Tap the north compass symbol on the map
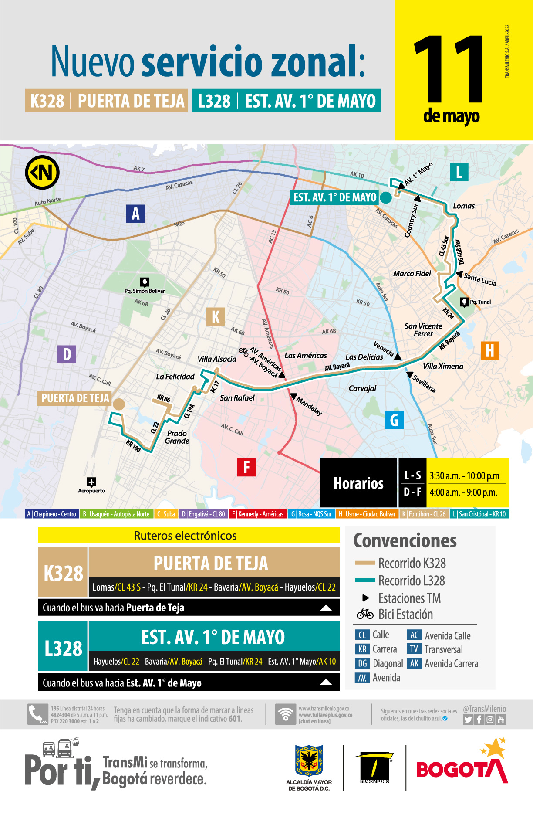[x=42, y=172]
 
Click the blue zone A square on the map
[x=135, y=214]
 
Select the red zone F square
[x=246, y=467]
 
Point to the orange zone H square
[x=489, y=350]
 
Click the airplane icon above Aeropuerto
[x=91, y=482]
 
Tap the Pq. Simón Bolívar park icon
[x=145, y=282]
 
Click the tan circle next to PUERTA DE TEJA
[x=119, y=404]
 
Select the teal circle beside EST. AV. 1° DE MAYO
[x=386, y=198]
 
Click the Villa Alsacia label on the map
[x=217, y=359]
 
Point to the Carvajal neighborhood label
[x=362, y=388]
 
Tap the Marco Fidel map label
[x=412, y=274]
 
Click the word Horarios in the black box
[x=358, y=483]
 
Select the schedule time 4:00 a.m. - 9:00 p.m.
[x=463, y=492]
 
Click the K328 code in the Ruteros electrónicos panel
[x=63, y=573]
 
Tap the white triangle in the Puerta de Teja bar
[x=326, y=608]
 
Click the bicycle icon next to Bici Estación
[x=365, y=614]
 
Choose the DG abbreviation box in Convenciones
[x=362, y=663]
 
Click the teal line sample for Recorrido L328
[x=365, y=581]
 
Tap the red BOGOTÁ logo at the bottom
[x=462, y=769]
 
